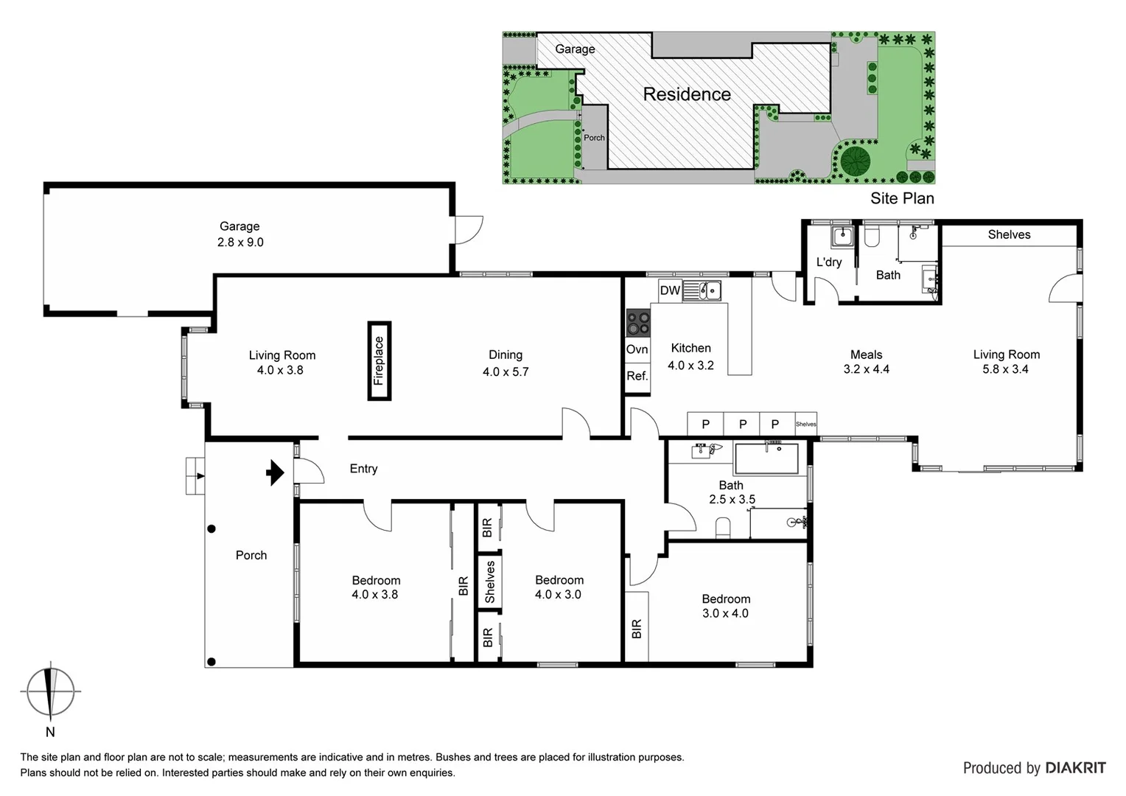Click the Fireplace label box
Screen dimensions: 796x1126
click(379, 361)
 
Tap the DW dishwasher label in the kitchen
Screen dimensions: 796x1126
click(669, 290)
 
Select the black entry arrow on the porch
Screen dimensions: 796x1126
click(275, 472)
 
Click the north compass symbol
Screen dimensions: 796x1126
click(50, 691)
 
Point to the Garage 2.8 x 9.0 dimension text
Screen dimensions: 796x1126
click(240, 242)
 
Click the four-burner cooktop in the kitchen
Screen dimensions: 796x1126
click(637, 323)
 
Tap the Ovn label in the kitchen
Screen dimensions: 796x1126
click(637, 349)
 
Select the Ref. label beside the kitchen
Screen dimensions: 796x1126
click(637, 376)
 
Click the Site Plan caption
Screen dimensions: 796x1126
click(901, 198)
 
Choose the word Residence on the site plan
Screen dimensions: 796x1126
click(686, 94)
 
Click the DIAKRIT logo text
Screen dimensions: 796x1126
click(1074, 768)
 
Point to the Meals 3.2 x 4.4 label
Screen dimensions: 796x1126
click(866, 362)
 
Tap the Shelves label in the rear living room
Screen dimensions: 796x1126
click(1009, 234)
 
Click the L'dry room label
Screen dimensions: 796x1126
click(828, 262)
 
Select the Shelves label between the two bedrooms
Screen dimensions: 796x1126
click(489, 582)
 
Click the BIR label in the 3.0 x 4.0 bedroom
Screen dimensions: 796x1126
click(637, 628)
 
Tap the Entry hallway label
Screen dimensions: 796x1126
click(363, 469)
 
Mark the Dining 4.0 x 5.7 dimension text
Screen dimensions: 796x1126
click(506, 372)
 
